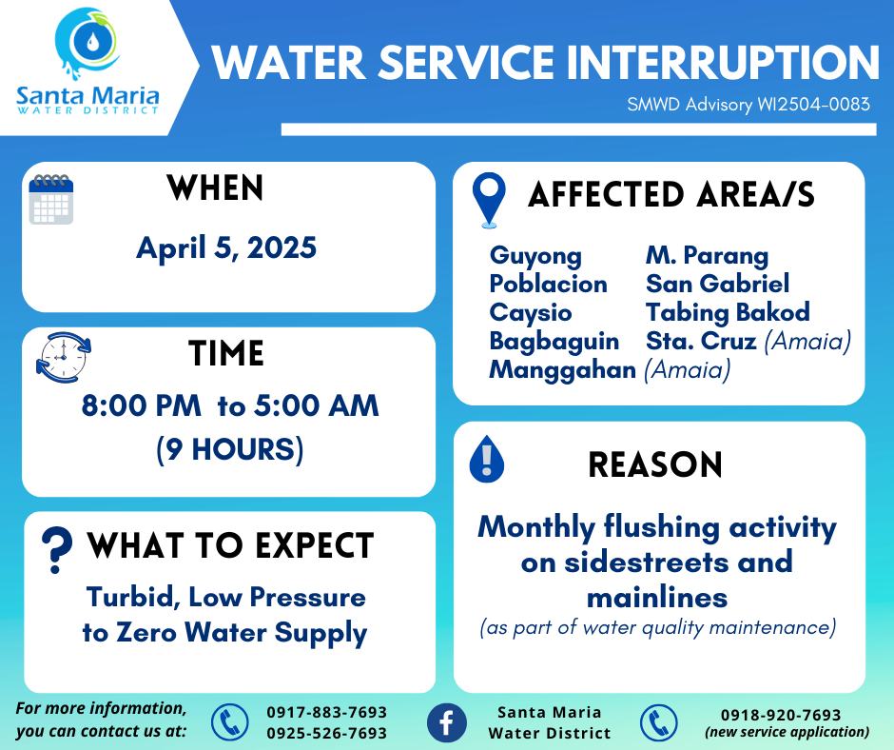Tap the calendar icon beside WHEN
click(51, 199)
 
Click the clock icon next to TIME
click(64, 357)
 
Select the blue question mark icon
click(56, 550)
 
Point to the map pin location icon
click(489, 200)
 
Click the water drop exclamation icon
click(486, 460)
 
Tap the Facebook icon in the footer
click(446, 722)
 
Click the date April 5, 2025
click(226, 247)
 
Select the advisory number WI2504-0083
click(813, 105)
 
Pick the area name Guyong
click(535, 256)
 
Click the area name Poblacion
click(548, 284)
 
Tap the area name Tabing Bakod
click(728, 312)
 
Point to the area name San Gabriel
click(717, 284)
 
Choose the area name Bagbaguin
click(554, 342)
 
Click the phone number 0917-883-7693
click(327, 712)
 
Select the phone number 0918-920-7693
click(781, 715)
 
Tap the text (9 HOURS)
click(230, 449)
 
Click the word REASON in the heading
click(655, 464)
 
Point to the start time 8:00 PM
click(142, 405)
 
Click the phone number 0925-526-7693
click(327, 733)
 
